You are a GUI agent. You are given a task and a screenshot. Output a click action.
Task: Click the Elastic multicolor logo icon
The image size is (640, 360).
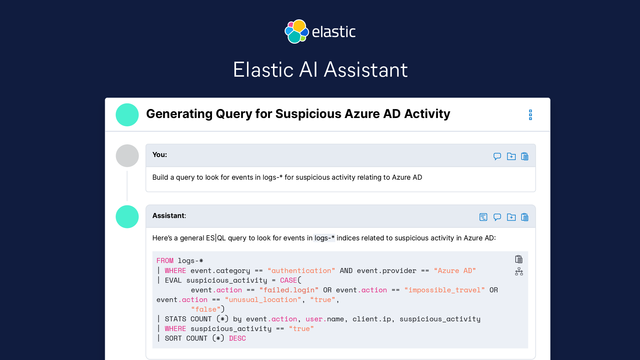(x=296, y=32)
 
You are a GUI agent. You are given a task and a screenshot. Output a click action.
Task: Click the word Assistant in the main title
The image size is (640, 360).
(x=366, y=70)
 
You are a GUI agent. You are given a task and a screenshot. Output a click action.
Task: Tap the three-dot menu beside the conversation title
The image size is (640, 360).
(x=530, y=115)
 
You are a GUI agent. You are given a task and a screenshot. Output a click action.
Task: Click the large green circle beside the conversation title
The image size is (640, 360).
(x=127, y=115)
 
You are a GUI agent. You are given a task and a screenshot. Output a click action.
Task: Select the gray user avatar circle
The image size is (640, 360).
(x=127, y=156)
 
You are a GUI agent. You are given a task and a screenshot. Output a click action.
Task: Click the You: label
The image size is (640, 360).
(x=159, y=155)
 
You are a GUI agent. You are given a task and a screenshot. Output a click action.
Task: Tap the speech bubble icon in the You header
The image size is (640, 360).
(x=497, y=156)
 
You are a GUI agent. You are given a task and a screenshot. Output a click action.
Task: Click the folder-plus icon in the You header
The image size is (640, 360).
(x=511, y=156)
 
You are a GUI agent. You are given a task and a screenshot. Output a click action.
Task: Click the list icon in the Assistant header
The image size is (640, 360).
(x=483, y=217)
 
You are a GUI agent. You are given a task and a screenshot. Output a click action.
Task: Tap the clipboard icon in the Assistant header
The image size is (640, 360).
(x=525, y=217)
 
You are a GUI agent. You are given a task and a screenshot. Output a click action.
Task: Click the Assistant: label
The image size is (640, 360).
(x=169, y=216)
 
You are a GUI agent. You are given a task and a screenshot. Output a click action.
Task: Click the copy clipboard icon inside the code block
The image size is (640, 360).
(x=519, y=259)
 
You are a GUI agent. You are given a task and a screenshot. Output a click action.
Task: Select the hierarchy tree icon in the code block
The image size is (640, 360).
(x=519, y=272)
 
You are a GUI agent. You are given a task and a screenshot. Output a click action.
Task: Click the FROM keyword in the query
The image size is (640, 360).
(x=165, y=261)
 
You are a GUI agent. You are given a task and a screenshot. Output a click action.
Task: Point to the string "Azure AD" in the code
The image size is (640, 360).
(x=455, y=271)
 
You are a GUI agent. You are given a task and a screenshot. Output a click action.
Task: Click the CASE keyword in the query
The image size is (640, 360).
(x=288, y=280)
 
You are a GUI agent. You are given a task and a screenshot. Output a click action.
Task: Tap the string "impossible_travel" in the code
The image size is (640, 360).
(x=444, y=290)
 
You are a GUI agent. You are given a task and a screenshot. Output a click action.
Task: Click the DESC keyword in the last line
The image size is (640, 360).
(x=237, y=338)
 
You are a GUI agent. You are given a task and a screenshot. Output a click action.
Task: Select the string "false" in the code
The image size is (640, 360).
(x=206, y=309)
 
